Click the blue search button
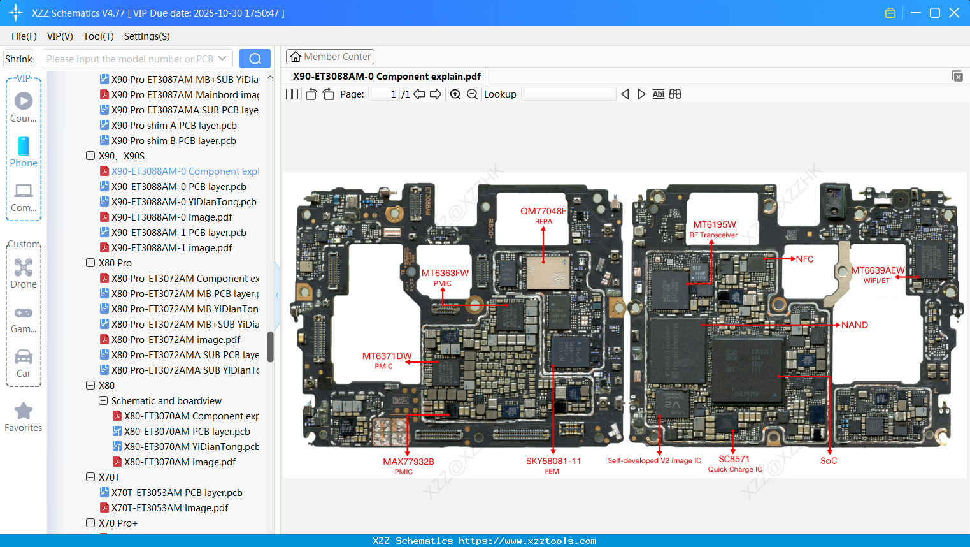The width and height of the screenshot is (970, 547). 255,59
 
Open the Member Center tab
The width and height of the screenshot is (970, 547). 330,57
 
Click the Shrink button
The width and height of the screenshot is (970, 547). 19,59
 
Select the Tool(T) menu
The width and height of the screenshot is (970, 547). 98,36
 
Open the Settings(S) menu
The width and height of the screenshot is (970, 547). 146,36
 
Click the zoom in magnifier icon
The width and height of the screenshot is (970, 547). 455,94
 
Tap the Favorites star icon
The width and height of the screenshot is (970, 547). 24,411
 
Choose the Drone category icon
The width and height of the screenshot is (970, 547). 24,268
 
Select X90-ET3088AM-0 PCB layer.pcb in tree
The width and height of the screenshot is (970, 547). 178,187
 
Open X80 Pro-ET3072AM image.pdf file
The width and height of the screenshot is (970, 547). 175,340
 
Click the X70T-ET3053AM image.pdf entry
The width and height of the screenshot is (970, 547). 169,508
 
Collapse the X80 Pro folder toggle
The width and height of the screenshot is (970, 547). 90,263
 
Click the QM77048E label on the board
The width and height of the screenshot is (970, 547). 543,212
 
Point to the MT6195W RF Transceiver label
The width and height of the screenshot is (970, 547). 714,229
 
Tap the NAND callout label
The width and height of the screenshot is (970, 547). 854,325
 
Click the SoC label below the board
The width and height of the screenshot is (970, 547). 829,461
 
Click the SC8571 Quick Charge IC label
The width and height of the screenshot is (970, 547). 734,463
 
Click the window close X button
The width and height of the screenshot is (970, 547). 954,13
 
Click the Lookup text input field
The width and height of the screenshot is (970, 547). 568,94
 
